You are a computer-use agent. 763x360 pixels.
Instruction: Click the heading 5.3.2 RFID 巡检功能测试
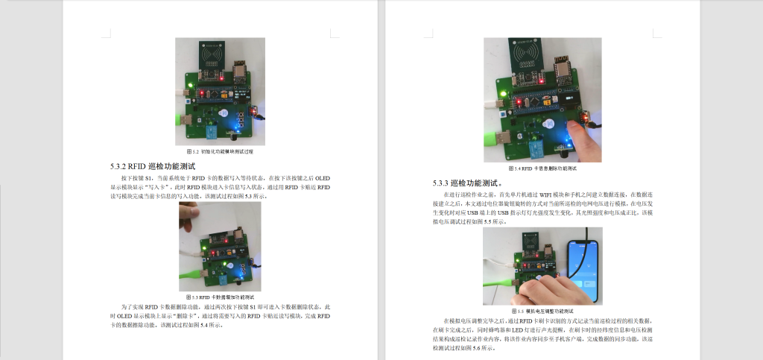point(152,166)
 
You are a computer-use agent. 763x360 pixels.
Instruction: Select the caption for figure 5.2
point(220,151)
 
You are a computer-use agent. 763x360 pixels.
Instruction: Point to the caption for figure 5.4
point(542,168)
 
